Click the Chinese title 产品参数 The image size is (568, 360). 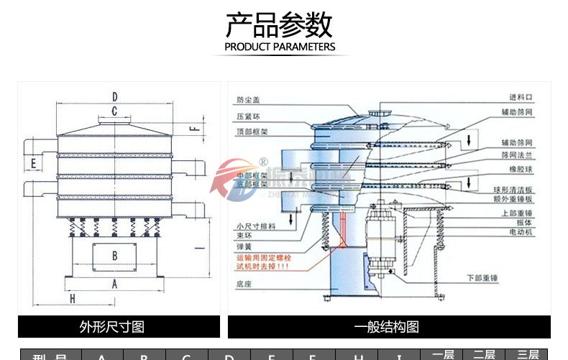pyautogui.click(x=280, y=25)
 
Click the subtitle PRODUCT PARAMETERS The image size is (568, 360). pyautogui.click(x=280, y=47)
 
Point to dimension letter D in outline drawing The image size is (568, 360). pyautogui.click(x=114, y=97)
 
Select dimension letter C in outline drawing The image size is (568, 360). pyautogui.click(x=114, y=111)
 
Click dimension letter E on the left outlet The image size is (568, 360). pyautogui.click(x=34, y=164)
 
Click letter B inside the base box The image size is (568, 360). pyautogui.click(x=114, y=254)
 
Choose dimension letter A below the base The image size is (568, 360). pyautogui.click(x=114, y=283)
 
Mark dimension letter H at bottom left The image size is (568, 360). pyautogui.click(x=73, y=297)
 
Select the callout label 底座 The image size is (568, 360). pyautogui.click(x=243, y=285)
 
